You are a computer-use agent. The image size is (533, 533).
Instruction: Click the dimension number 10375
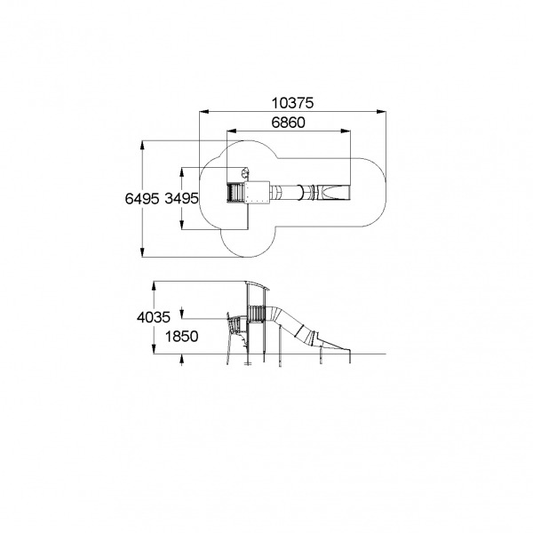tap(292, 103)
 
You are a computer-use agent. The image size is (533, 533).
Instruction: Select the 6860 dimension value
tap(288, 123)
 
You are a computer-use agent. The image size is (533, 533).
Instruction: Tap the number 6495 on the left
tap(142, 198)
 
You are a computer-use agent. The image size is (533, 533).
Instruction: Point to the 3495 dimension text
tap(181, 198)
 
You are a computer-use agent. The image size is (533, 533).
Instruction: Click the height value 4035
tap(154, 317)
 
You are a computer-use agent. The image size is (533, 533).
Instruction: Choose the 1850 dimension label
tap(181, 337)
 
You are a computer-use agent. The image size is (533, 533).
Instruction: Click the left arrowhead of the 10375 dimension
tap(203, 111)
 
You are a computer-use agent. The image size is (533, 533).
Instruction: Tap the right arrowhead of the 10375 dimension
tap(381, 111)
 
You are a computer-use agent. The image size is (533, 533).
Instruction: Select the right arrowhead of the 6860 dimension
tap(346, 131)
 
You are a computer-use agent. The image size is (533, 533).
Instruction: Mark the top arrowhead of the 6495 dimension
tap(142, 145)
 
